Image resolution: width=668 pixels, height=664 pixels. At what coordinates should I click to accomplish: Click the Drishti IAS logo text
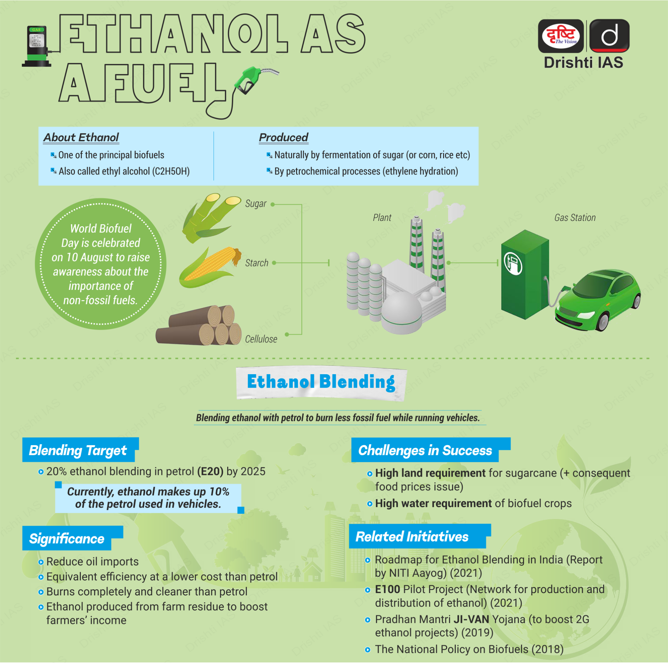pyautogui.click(x=584, y=63)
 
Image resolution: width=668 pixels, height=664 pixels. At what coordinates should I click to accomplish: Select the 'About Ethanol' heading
pyautogui.click(x=81, y=138)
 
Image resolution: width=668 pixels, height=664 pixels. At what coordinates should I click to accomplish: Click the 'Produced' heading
pyautogui.click(x=283, y=138)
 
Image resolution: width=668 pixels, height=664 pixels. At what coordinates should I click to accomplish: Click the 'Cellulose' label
pyautogui.click(x=261, y=339)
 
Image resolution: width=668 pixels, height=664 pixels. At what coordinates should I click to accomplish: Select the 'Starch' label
pyautogui.click(x=257, y=263)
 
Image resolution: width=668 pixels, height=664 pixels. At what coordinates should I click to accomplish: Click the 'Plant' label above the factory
pyautogui.click(x=382, y=218)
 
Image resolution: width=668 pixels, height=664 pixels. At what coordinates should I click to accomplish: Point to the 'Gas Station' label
pyautogui.click(x=575, y=218)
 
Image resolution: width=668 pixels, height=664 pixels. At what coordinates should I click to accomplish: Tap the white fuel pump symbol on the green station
pyautogui.click(x=513, y=263)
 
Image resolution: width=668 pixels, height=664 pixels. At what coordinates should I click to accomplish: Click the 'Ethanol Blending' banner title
pyautogui.click(x=321, y=382)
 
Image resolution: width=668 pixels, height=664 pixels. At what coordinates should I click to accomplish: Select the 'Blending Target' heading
pyautogui.click(x=78, y=450)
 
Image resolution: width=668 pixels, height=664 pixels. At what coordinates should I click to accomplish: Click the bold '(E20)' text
pyautogui.click(x=210, y=472)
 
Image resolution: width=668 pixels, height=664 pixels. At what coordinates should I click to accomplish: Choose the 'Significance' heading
pyautogui.click(x=66, y=539)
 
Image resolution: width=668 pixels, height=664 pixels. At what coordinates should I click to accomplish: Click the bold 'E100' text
pyautogui.click(x=388, y=589)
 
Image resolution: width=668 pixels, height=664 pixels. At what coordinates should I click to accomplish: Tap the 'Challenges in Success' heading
pyautogui.click(x=425, y=450)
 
